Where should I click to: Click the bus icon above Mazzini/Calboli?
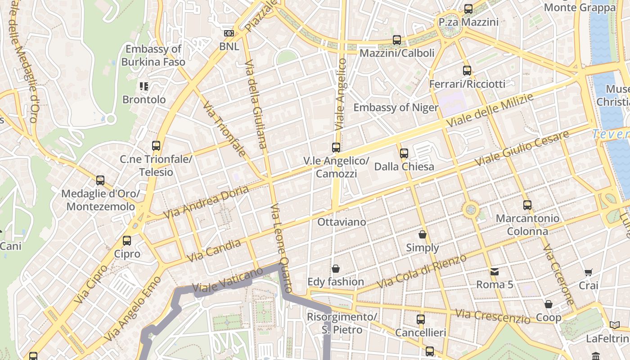[396, 40]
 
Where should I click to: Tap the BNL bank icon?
[229, 33]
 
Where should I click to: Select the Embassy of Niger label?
[396, 108]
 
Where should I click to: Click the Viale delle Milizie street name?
[489, 110]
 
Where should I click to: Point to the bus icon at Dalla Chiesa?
[404, 153]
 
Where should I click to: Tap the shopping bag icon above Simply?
[422, 234]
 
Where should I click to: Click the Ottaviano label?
[342, 222]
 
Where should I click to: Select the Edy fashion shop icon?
[335, 269]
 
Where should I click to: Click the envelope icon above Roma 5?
[495, 271]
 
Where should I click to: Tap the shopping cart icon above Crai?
[588, 272]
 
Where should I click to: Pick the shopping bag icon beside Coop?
[548, 305]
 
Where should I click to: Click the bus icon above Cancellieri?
[420, 319]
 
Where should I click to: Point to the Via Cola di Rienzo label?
[422, 272]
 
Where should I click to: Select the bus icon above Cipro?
[127, 241]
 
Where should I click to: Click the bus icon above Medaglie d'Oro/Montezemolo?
[100, 180]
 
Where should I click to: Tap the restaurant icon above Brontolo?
[144, 86]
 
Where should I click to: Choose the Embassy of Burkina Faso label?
[153, 55]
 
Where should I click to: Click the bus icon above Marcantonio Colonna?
[527, 205]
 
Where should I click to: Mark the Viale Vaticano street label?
[227, 280]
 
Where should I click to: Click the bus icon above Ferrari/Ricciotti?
[467, 71]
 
